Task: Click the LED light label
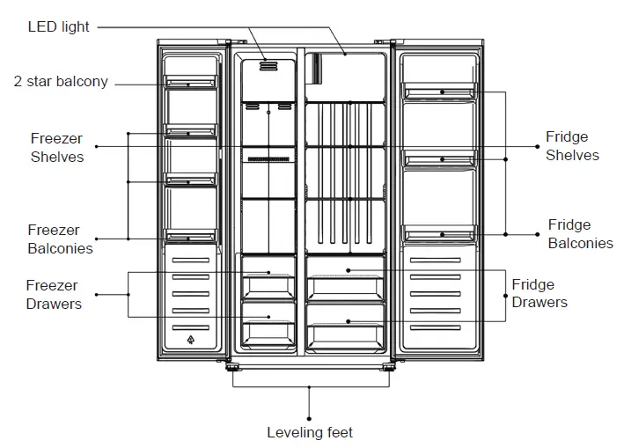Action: [58, 27]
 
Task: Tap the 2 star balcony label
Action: [61, 82]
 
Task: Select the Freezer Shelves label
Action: [57, 147]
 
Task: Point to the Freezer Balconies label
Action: [60, 239]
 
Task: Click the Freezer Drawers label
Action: [53, 295]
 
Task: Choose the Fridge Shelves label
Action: [571, 146]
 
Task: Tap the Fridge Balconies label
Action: [580, 233]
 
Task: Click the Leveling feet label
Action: [310, 432]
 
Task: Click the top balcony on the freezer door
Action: [190, 83]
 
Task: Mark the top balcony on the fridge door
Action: [439, 90]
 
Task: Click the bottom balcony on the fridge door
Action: [439, 233]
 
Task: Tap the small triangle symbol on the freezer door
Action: [190, 339]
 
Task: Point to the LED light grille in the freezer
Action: [268, 66]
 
